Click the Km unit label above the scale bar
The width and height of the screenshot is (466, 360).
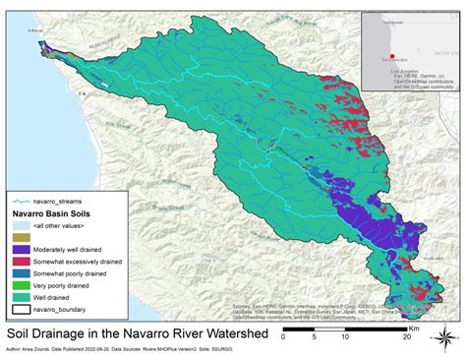pyautogui.click(x=420, y=318)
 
